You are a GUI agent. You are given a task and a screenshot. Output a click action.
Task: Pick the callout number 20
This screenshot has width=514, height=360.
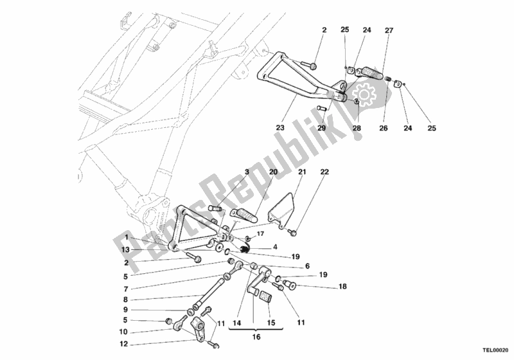click(273, 172)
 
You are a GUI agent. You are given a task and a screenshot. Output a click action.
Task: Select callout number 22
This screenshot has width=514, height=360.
click(324, 172)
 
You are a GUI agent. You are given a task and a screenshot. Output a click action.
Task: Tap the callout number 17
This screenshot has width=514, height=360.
click(260, 234)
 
